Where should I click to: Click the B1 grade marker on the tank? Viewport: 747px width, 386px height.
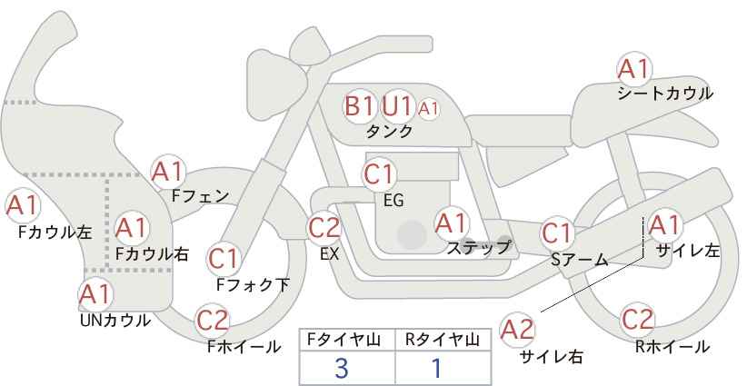pos(360,105)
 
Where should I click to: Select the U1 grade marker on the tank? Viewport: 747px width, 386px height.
pos(397,105)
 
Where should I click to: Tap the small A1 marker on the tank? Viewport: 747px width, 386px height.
pos(428,109)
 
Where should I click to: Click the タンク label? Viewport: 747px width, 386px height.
pos(389,132)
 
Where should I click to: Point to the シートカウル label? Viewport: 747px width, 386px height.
pos(665,93)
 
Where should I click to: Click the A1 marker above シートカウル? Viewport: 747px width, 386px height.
pos(634,69)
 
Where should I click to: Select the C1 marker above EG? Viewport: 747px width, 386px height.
pos(379,174)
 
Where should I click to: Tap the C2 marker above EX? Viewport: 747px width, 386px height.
pos(324,228)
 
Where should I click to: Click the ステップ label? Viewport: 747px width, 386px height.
pos(478,248)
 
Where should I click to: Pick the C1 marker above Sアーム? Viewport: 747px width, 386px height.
pos(557,233)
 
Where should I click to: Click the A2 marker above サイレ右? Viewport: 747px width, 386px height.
pos(518,330)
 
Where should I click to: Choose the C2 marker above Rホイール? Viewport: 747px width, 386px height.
pos(637,320)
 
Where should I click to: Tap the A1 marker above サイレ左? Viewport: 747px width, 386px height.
pos(663,225)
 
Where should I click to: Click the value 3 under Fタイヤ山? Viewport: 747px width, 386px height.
pos(342,368)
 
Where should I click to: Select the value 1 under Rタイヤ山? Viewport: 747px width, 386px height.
pos(436,368)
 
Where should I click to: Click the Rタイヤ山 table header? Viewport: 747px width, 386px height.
pos(443,340)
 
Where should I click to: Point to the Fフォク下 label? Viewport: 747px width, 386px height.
pos(253,284)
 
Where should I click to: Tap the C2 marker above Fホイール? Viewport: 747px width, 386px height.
pos(213,321)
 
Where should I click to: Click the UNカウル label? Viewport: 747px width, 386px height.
pos(115,321)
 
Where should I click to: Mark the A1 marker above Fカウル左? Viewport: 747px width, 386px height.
pos(23,206)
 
